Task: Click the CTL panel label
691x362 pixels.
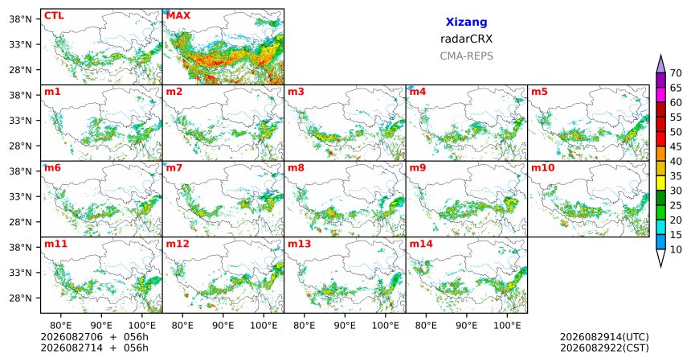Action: tap(54, 16)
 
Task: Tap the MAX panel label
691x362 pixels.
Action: tap(178, 16)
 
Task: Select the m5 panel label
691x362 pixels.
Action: tap(539, 92)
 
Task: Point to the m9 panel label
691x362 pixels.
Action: tap(418, 168)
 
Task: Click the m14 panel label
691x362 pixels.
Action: tap(421, 244)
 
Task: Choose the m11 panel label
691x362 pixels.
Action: tap(55, 244)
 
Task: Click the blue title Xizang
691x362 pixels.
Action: tap(466, 22)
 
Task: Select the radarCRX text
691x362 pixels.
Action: tap(466, 39)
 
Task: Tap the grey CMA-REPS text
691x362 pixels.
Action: tap(466, 56)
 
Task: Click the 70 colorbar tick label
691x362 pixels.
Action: tap(676, 73)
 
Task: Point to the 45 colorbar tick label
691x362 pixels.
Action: tap(676, 146)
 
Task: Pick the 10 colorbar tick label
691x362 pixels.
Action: tap(676, 250)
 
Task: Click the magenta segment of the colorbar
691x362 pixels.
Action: tap(660, 95)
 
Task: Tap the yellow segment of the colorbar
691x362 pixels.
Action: tap(660, 183)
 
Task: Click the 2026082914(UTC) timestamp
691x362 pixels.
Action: tap(604, 337)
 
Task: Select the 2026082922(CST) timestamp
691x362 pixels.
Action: tap(604, 348)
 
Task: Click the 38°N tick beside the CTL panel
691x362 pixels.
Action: tap(21, 19)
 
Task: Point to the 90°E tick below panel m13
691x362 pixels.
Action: tap(345, 326)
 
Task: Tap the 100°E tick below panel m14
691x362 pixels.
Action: tap(507, 326)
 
